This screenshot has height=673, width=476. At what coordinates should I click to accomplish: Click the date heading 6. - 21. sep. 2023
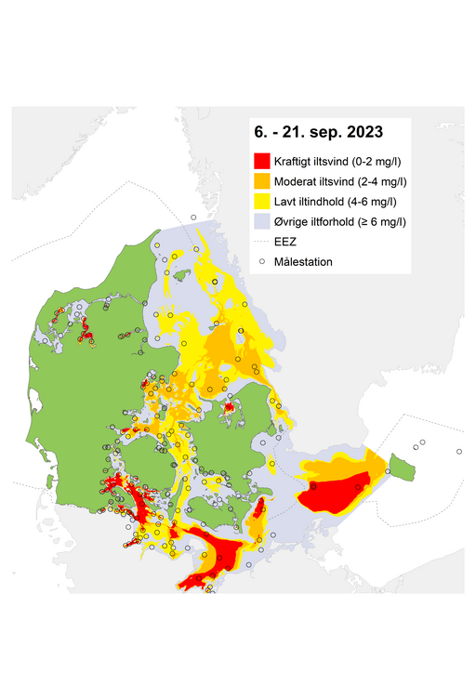(x=319, y=132)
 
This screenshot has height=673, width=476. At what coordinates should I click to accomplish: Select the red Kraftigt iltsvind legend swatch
(x=263, y=160)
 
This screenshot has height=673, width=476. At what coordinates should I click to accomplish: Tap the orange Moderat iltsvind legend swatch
(x=263, y=180)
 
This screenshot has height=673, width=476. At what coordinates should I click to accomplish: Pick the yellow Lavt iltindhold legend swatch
(x=263, y=201)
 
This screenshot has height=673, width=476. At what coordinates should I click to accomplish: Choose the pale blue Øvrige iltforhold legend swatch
(x=263, y=221)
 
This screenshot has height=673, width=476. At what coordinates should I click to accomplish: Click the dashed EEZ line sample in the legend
(x=263, y=242)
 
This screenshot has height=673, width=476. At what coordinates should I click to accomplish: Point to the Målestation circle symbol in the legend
(x=263, y=262)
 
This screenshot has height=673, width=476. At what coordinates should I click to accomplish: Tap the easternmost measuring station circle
(x=459, y=453)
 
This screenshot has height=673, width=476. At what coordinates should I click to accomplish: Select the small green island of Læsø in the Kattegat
(x=183, y=274)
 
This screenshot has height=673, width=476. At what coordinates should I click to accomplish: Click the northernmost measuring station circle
(x=193, y=218)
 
